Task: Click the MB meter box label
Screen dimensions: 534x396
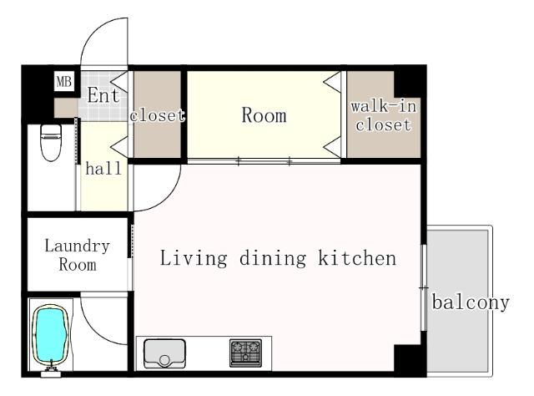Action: [64, 82]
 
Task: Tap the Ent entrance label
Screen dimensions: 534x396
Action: [103, 95]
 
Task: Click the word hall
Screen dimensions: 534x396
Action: [103, 169]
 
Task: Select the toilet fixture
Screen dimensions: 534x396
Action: [51, 142]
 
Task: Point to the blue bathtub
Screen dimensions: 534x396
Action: [50, 335]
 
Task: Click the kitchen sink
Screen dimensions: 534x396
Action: [164, 353]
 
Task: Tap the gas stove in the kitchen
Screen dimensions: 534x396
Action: [245, 353]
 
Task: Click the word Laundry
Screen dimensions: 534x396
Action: [78, 246]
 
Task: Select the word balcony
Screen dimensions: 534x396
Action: [471, 302]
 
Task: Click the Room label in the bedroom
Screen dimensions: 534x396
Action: [264, 115]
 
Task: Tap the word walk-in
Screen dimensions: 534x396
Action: [384, 106]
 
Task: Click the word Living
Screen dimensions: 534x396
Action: [194, 258]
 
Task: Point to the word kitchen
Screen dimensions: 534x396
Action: [357, 258]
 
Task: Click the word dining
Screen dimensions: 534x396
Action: [273, 258]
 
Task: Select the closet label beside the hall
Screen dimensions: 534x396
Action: [158, 115]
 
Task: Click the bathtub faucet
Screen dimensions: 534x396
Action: [51, 369]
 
